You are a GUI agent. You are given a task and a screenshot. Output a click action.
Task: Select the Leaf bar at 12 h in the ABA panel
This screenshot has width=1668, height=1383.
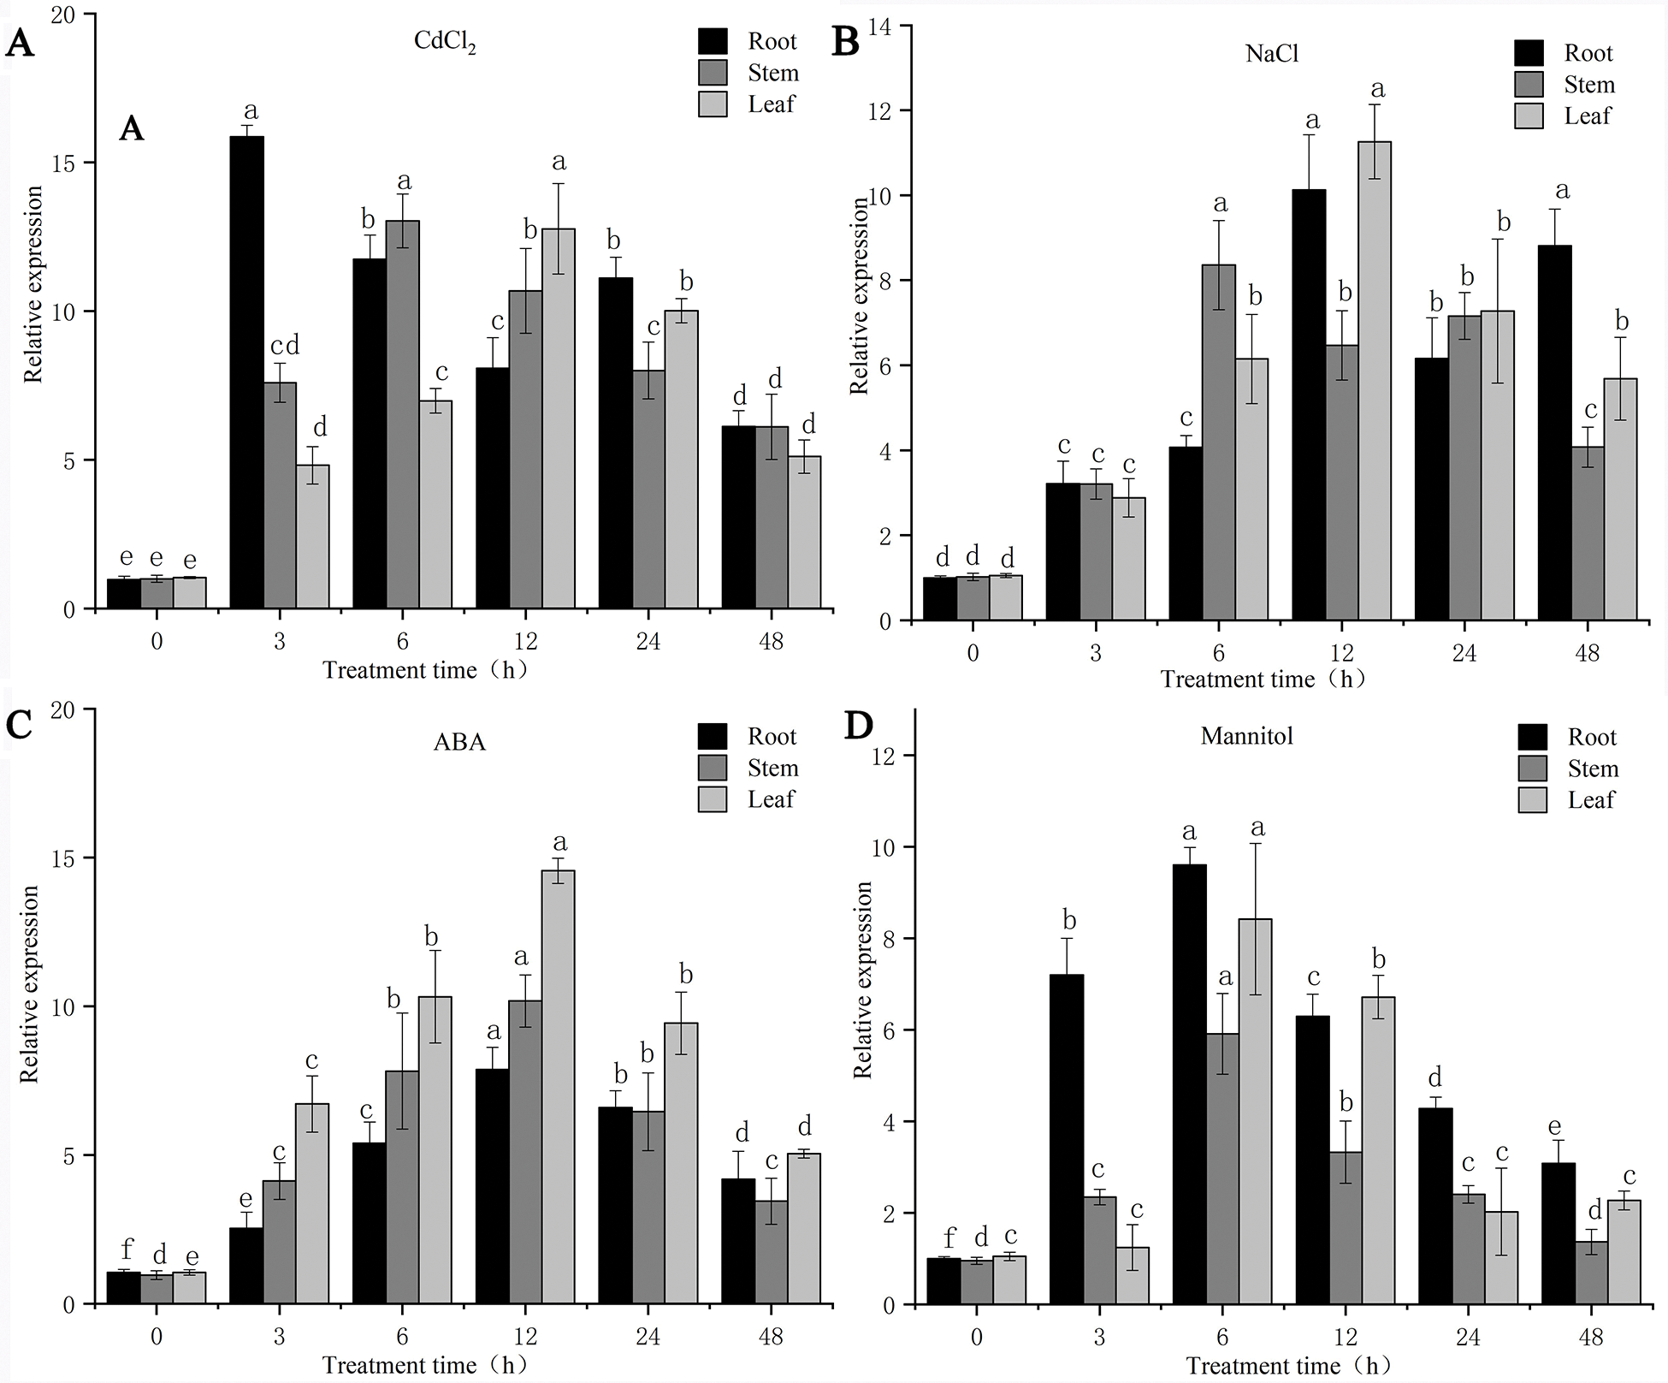558,1087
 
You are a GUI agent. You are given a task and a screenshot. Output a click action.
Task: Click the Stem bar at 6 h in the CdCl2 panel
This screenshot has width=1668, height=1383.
403,415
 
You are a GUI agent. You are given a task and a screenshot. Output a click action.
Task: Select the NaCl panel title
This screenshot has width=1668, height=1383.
1271,54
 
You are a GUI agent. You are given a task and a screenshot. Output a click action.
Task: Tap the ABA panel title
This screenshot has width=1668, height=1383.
459,741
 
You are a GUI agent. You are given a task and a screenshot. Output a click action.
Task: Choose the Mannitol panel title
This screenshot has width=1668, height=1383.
1246,736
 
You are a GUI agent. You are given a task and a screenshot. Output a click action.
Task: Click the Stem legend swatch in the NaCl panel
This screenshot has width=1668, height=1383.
1529,85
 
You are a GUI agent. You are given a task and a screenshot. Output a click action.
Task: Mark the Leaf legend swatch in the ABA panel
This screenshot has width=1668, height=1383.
713,799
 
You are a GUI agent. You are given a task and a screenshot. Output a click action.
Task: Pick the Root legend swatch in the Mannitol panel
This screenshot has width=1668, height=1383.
1532,737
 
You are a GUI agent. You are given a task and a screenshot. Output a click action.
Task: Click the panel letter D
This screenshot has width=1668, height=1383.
858,726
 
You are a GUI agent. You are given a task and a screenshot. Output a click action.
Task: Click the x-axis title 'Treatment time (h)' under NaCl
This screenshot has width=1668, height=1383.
1263,680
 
